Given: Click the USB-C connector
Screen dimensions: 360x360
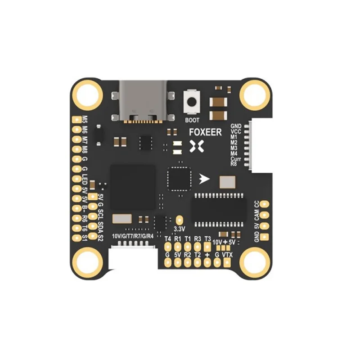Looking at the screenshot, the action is (x=143, y=101).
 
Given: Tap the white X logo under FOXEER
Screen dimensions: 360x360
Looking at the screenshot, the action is (x=197, y=145).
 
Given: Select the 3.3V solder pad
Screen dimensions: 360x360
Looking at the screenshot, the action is (x=180, y=220).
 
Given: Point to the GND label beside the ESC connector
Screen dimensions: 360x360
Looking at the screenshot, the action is (x=236, y=126).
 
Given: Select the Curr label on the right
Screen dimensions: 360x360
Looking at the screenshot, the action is (x=236, y=158).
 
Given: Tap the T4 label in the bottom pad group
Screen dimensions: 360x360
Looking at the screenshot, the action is (x=168, y=238).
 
